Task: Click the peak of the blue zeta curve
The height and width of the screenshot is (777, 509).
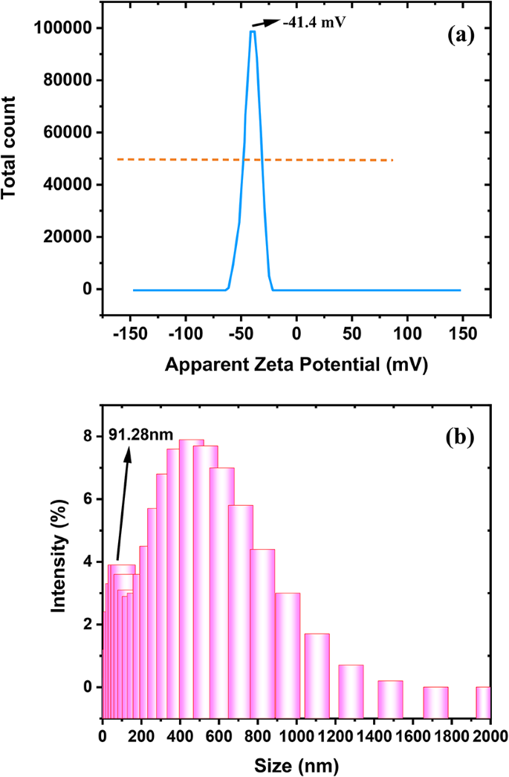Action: click(253, 32)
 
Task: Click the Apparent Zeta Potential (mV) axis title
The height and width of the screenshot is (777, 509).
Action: click(296, 365)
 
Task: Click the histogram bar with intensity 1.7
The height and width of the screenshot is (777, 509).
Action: click(317, 676)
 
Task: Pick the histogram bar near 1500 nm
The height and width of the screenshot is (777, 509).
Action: click(390, 699)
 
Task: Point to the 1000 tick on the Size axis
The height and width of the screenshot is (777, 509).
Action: click(296, 735)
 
